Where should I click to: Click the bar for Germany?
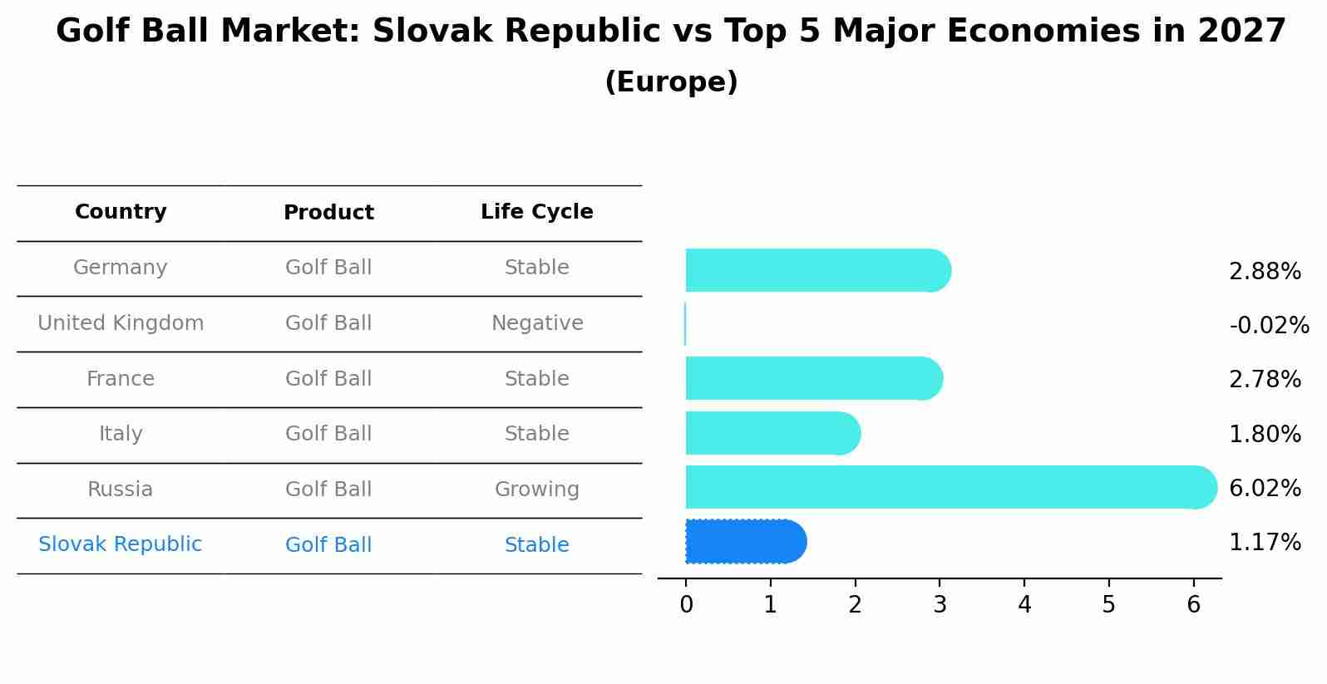click(x=818, y=270)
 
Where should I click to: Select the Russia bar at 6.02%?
click(x=951, y=487)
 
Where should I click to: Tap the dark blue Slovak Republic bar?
click(x=746, y=541)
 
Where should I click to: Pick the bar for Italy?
click(x=773, y=433)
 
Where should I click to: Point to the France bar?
click(x=814, y=378)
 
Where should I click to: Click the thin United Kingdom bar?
click(x=685, y=324)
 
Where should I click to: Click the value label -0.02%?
click(x=1269, y=325)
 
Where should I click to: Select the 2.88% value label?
click(x=1265, y=271)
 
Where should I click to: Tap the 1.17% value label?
click(x=1265, y=542)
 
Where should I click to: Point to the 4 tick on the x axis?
click(x=1024, y=604)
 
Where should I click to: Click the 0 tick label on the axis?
click(x=686, y=604)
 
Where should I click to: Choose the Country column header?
click(x=121, y=211)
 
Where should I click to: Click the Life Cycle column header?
click(x=537, y=211)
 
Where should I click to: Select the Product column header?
click(x=328, y=212)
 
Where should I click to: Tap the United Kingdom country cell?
click(x=121, y=322)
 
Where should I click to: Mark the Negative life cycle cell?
click(x=537, y=322)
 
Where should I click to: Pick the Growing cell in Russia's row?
click(x=537, y=490)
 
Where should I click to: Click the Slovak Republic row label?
click(x=121, y=544)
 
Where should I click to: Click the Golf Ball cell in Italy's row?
click(x=328, y=434)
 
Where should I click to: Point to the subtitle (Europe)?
click(x=671, y=81)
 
